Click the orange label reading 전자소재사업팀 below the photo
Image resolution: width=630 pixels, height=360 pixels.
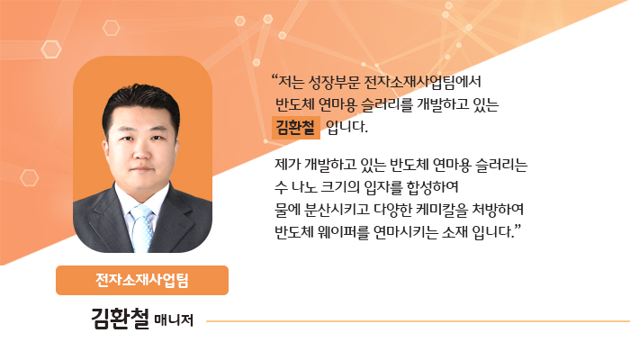142,280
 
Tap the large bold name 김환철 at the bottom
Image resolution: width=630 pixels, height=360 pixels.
120,319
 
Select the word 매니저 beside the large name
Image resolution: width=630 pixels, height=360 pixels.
174,320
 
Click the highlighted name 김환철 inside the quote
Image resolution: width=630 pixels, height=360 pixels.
295,128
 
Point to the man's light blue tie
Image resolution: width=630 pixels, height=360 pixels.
143,228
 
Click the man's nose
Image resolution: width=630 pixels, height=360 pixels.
141,151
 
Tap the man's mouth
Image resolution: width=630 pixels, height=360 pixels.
142,169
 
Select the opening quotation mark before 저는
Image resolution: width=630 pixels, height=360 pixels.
274,77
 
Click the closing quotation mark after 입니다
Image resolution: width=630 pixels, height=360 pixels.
517,228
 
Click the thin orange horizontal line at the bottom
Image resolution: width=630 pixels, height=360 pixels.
418,321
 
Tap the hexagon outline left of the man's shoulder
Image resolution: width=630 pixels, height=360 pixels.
30,177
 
